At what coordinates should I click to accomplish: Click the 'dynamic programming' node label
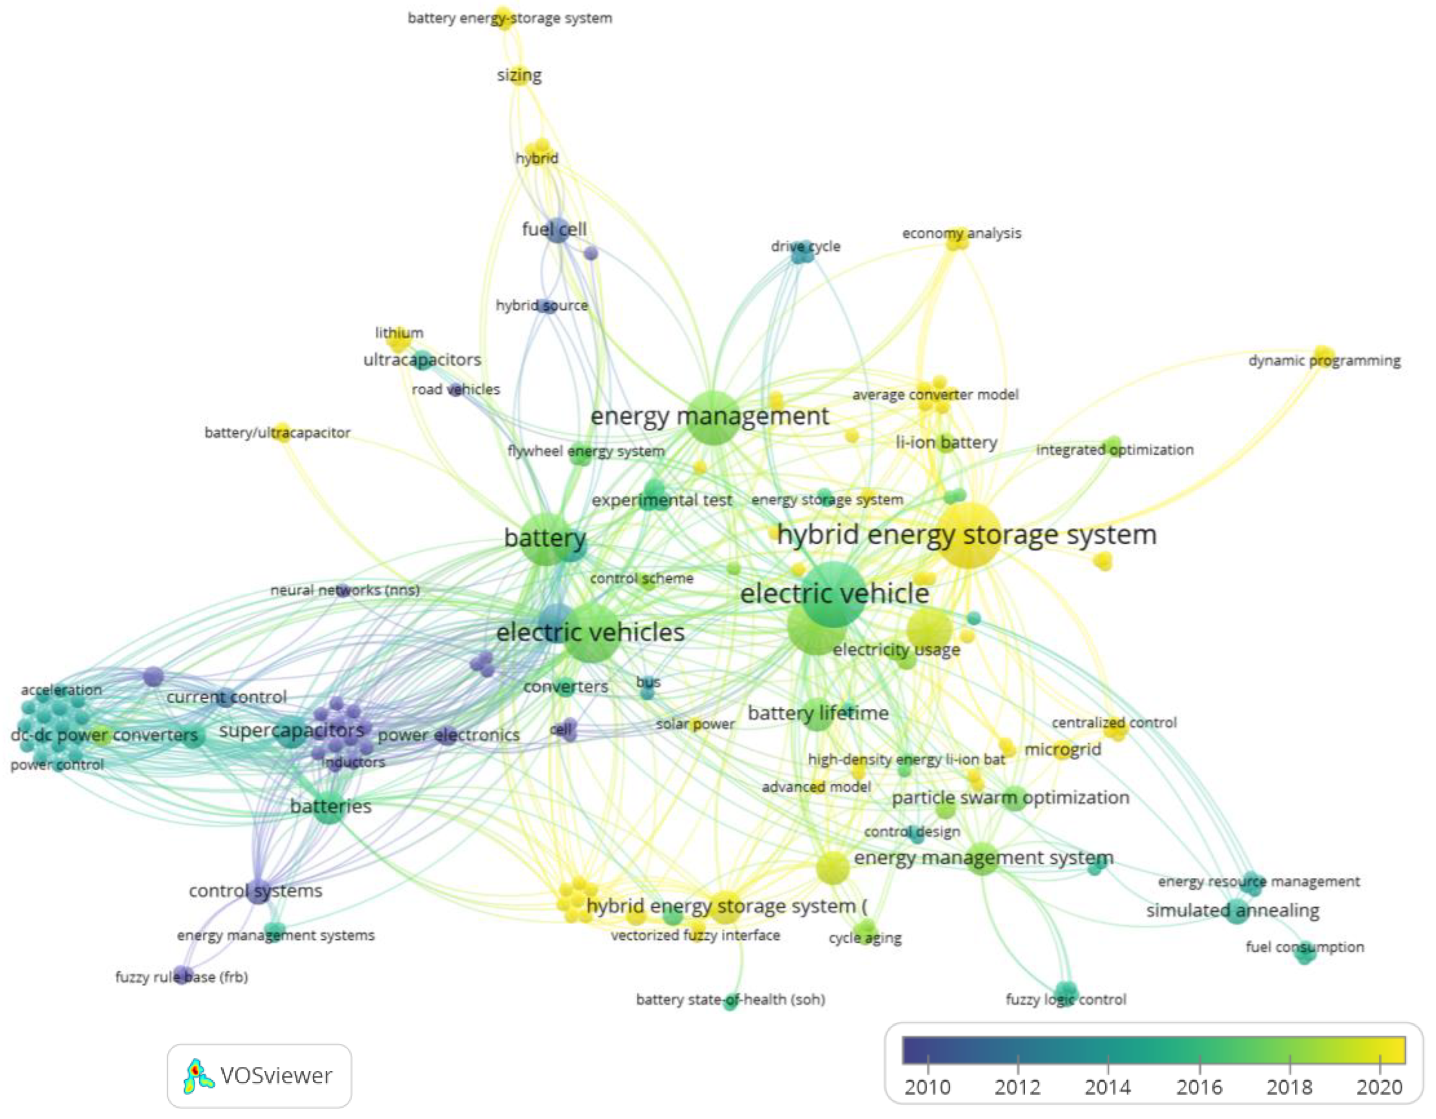(x=1324, y=361)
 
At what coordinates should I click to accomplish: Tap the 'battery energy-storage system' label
(x=510, y=18)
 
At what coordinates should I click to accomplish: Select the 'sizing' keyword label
(x=519, y=76)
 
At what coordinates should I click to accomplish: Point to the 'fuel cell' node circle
(x=557, y=230)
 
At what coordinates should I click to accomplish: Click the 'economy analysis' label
(x=961, y=234)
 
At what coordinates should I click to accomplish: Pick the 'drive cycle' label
(x=805, y=246)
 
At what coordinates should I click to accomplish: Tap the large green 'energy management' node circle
(x=713, y=418)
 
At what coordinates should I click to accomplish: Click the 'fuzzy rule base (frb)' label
(x=182, y=977)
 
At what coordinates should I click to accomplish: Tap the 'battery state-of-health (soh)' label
(x=730, y=1000)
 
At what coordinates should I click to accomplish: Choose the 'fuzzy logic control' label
(x=1065, y=1000)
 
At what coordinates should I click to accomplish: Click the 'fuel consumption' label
(x=1304, y=947)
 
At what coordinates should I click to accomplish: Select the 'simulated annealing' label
(x=1232, y=910)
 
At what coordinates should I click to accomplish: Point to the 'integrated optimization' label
(x=1115, y=450)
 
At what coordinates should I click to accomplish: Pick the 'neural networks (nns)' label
(x=345, y=590)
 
